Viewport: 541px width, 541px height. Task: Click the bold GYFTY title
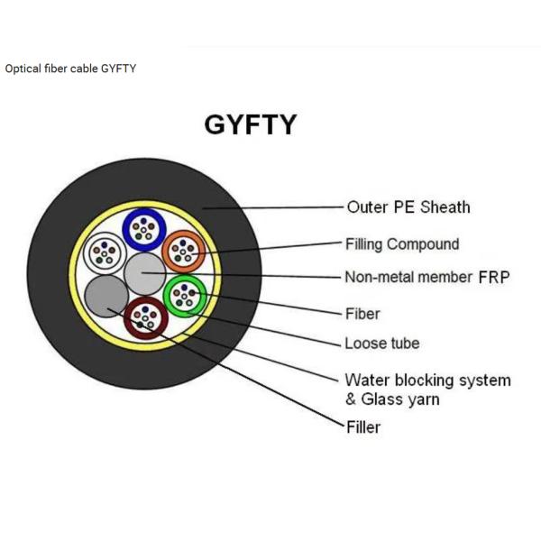pos(250,124)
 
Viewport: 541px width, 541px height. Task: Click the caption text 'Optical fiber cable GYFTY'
pos(70,69)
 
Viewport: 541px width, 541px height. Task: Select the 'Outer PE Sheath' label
pos(408,207)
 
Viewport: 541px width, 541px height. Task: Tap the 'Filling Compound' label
pos(401,243)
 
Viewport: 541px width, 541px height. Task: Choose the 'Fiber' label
pos(362,314)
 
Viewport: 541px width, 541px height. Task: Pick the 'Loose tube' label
pos(381,344)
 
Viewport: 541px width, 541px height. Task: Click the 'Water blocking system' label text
pos(427,380)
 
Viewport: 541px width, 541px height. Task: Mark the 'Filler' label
pos(362,426)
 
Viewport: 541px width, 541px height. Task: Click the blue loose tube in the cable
pos(141,228)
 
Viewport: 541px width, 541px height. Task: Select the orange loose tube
pos(185,251)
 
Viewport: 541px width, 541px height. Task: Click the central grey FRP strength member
pos(143,272)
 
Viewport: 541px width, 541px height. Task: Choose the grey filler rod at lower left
pos(105,295)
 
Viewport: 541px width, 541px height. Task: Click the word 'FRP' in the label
pos(493,278)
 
